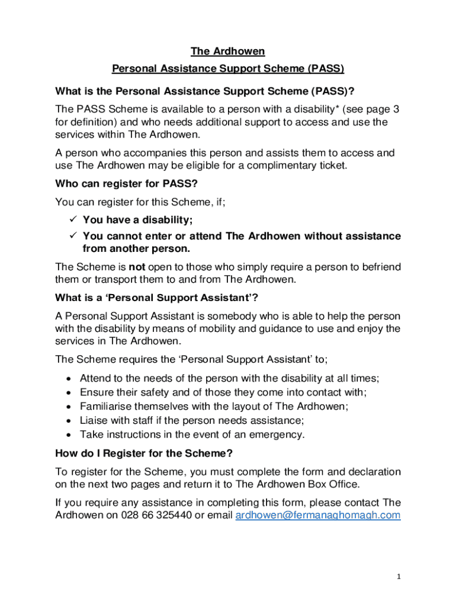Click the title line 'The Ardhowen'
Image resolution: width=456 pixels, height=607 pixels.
(227, 52)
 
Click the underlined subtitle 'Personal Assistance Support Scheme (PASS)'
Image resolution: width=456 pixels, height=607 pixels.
(228, 69)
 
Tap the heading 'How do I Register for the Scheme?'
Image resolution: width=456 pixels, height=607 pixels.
(144, 453)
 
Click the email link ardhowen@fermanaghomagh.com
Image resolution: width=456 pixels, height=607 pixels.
(318, 515)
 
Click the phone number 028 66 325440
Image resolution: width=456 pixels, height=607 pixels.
(157, 515)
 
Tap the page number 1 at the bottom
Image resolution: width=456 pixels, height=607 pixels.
(399, 576)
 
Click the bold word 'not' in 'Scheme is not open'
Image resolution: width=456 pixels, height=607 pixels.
(137, 266)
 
